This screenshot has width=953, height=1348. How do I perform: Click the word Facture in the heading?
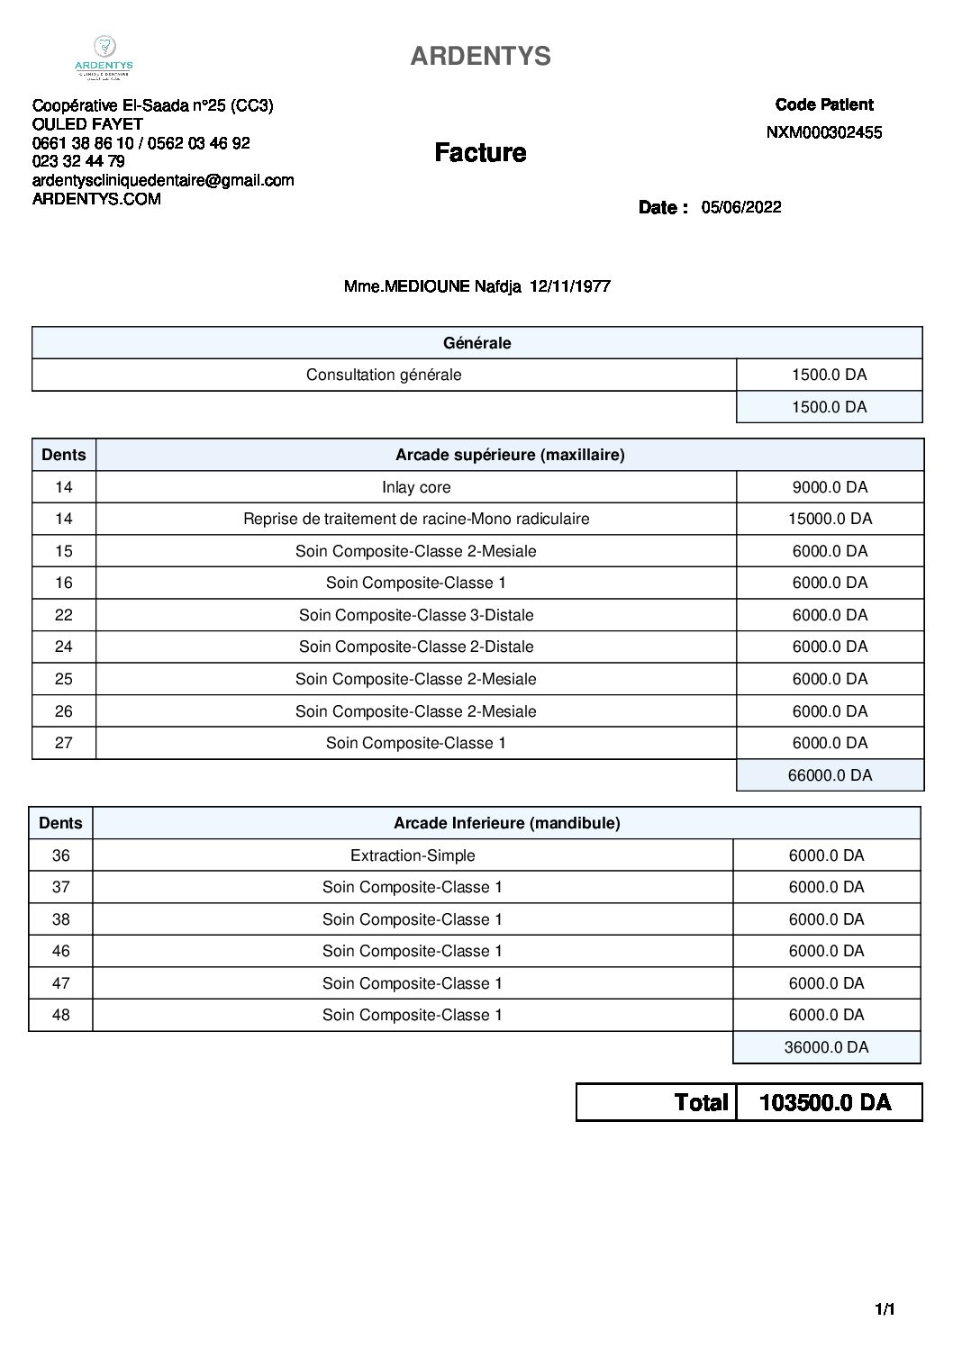pos(480,152)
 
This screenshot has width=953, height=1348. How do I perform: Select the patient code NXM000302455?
pos(823,132)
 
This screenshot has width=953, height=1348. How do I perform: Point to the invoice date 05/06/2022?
pos(741,207)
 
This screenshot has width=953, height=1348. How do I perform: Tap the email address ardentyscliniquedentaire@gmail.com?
pos(163,180)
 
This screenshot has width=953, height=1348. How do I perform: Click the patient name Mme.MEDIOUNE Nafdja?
pos(434,286)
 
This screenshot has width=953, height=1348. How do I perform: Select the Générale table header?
pos(477,343)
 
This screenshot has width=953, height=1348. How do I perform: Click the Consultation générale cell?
pos(384,375)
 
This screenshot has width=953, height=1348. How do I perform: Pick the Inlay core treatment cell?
pos(416,487)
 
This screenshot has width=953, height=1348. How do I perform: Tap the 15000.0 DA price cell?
pos(830,519)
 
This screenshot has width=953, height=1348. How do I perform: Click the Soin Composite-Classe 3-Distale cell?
pos(416,615)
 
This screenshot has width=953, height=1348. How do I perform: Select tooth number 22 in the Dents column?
pos(63,615)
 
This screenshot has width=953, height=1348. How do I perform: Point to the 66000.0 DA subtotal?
pos(830,775)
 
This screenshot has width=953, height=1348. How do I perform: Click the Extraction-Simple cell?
pos(413,855)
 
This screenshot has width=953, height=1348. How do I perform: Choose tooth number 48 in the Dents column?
pos(60,1015)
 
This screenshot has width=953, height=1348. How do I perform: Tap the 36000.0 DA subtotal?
pos(826,1047)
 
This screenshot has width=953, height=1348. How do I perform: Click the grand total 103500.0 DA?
pos(826,1102)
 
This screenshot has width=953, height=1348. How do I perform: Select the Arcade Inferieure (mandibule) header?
pos(506,823)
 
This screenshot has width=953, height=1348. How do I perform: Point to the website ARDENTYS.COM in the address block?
pos(96,199)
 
